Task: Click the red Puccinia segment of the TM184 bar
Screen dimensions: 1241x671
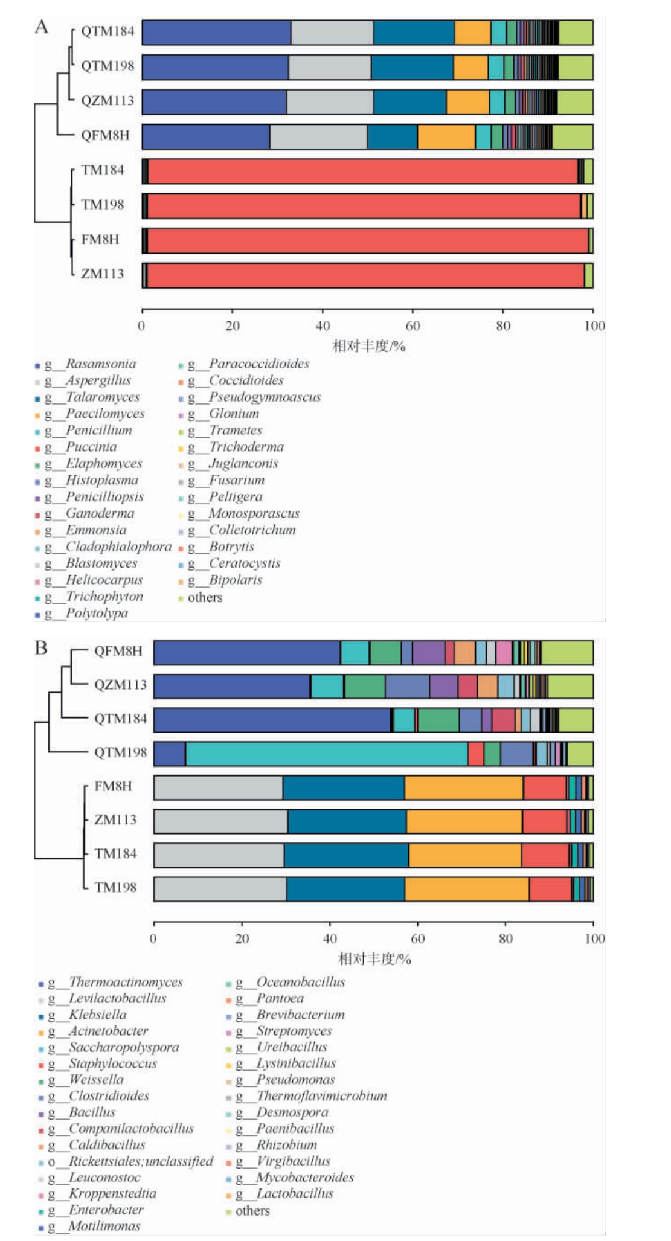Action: (362, 172)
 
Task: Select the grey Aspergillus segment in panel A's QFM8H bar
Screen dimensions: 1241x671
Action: (318, 137)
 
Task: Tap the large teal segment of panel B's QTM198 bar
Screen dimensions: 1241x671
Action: (326, 754)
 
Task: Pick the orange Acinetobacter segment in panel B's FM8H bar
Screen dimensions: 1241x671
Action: (464, 787)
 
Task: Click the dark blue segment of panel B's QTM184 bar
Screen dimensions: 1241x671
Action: (272, 720)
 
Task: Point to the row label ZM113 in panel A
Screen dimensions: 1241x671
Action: (103, 274)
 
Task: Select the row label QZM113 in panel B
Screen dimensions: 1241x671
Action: (120, 685)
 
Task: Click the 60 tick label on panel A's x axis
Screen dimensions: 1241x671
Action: (413, 327)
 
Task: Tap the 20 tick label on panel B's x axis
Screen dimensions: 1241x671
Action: (242, 939)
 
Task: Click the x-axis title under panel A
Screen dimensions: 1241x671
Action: (368, 346)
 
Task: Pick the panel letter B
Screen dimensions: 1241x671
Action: (41, 649)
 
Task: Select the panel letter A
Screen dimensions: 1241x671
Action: (41, 27)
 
